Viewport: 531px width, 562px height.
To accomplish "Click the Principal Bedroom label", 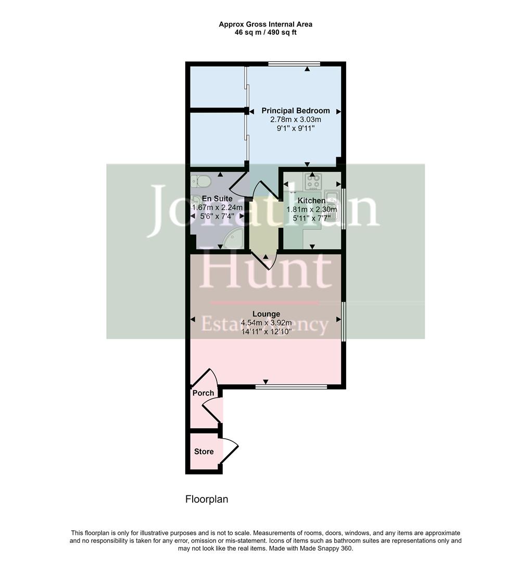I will click(295, 111).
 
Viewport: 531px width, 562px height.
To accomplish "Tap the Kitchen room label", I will click(311, 200).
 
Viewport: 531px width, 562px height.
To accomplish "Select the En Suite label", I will click(217, 199).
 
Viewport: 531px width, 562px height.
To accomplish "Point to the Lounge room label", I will click(266, 314).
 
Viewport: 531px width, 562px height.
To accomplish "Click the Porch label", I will click(203, 393).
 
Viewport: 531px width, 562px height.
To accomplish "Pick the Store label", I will click(204, 451).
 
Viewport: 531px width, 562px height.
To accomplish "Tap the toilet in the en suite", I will click(200, 181).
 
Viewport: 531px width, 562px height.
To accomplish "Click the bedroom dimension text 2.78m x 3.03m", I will click(295, 120).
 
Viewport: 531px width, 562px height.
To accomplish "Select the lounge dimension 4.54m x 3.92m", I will click(266, 323).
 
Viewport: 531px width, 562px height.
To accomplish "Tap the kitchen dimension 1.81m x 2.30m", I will click(311, 210).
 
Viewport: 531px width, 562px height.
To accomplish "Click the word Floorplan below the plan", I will click(207, 500).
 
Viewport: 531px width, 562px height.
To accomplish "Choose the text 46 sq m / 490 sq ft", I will click(265, 32).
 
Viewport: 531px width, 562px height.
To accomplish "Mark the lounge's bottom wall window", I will click(291, 387).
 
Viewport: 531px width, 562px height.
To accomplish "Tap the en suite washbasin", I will click(196, 201).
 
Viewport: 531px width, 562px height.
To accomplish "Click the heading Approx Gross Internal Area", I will click(265, 24).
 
